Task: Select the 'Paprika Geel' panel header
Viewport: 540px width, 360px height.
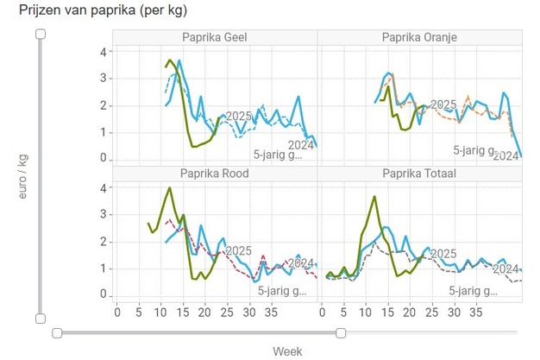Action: pos(214,37)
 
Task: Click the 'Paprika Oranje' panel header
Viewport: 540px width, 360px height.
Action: pos(419,37)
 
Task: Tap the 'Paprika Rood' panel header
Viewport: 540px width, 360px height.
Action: pos(214,174)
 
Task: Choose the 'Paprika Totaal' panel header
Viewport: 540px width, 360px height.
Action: pos(419,174)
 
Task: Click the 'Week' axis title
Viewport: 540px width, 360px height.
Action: pos(287,351)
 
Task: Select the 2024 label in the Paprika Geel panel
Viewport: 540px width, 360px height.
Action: pos(302,144)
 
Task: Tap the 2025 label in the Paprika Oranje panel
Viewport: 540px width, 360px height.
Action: pos(443,104)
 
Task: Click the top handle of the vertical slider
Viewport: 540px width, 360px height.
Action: pos(40,34)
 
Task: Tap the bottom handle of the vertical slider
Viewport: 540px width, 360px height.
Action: pos(40,319)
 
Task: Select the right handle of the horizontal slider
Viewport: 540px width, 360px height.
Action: pos(341,332)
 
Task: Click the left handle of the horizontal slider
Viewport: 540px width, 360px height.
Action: pos(57,332)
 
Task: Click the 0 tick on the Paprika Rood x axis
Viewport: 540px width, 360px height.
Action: pos(118,313)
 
